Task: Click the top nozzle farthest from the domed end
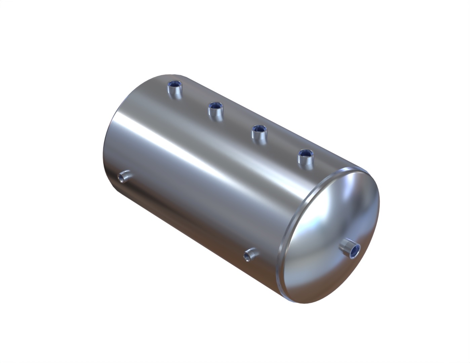(174, 89)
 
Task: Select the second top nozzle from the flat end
(215, 111)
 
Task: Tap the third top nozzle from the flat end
(259, 133)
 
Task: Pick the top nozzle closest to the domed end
(305, 158)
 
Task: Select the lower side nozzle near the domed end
(250, 254)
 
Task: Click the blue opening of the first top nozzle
(174, 84)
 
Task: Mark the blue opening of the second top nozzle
(215, 106)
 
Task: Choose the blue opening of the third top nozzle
(259, 128)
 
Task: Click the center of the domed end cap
(331, 235)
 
